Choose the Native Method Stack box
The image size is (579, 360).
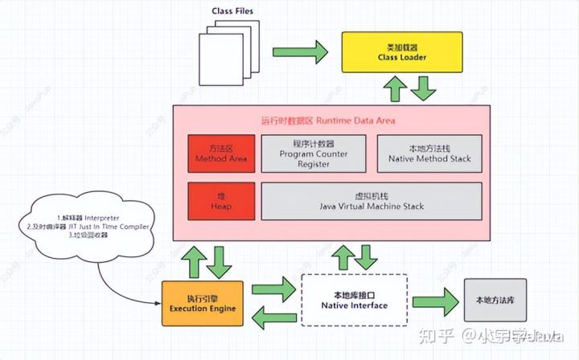coord(429,153)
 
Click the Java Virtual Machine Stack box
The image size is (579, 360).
coord(371,201)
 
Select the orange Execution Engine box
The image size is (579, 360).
coord(202,301)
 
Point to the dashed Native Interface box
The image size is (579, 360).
coord(354,301)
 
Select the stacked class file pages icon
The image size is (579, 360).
coord(225,53)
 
